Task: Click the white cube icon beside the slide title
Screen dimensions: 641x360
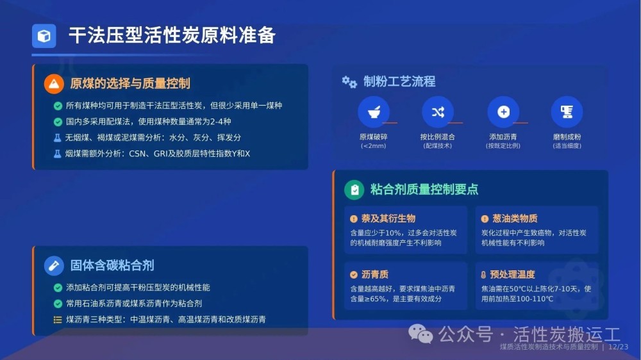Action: [44, 37]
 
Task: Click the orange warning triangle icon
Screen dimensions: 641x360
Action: [54, 84]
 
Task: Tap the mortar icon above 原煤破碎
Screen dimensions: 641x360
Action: [374, 111]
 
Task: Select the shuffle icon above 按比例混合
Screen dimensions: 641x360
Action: [438, 111]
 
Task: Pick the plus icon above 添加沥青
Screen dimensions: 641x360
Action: [503, 111]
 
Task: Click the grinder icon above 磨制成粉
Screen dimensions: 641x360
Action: [567, 111]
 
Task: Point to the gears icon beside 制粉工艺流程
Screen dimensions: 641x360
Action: [349, 82]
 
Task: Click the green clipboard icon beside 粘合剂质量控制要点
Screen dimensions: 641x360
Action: [354, 190]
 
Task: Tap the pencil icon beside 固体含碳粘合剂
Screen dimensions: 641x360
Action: [54, 266]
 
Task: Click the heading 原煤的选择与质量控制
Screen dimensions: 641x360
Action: [130, 84]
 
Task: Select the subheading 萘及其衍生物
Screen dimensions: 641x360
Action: [388, 218]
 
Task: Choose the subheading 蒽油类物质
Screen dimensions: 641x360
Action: [515, 218]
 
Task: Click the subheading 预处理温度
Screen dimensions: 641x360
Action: [512, 274]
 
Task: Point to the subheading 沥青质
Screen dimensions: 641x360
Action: [375, 274]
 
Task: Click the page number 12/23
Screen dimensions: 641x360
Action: [618, 347]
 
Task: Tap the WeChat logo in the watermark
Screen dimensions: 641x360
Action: [420, 334]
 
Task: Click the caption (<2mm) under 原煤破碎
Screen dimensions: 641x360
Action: [373, 146]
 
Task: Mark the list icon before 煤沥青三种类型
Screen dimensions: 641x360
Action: [58, 320]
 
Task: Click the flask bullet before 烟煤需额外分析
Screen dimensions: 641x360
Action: [58, 154]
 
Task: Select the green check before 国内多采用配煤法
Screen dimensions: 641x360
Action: [58, 122]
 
